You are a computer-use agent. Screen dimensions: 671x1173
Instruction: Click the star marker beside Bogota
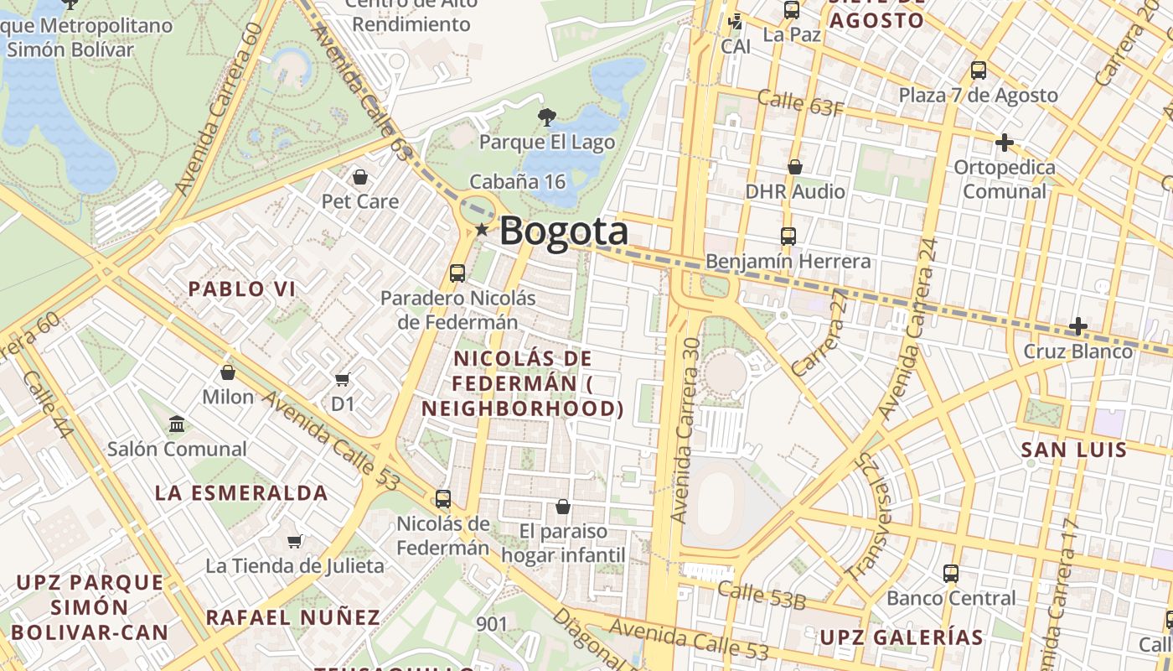click(x=482, y=229)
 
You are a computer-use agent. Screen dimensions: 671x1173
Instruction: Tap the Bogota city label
click(x=563, y=231)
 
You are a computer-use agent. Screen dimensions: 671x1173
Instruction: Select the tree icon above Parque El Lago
click(x=546, y=117)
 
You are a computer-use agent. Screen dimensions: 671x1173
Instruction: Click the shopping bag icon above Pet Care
click(x=360, y=177)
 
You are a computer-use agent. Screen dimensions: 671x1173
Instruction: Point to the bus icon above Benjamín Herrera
click(x=788, y=237)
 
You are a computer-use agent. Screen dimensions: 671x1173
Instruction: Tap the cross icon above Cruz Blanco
click(x=1078, y=325)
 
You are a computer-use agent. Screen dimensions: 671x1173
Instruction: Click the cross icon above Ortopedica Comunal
click(x=1005, y=143)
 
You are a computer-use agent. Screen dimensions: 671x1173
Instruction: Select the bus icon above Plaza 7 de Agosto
click(x=978, y=70)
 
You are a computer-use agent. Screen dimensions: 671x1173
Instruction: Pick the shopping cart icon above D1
click(x=342, y=380)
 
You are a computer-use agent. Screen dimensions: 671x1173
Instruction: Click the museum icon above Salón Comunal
click(x=177, y=424)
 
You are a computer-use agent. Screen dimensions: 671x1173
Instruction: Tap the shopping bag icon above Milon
click(x=228, y=372)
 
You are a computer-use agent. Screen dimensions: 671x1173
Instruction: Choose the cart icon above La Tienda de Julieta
click(x=294, y=541)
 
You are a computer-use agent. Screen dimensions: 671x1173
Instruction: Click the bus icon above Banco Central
click(x=951, y=574)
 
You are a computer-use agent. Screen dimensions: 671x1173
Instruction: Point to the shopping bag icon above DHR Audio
click(x=795, y=168)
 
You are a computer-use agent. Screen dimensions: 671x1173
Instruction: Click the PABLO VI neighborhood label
click(x=241, y=289)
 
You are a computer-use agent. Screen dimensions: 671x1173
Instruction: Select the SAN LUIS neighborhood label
click(x=1074, y=450)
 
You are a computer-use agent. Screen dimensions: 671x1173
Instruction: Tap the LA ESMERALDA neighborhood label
click(x=241, y=492)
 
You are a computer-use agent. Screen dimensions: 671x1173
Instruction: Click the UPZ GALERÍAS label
click(x=901, y=637)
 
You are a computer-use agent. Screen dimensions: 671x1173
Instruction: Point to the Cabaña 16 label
click(x=517, y=181)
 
